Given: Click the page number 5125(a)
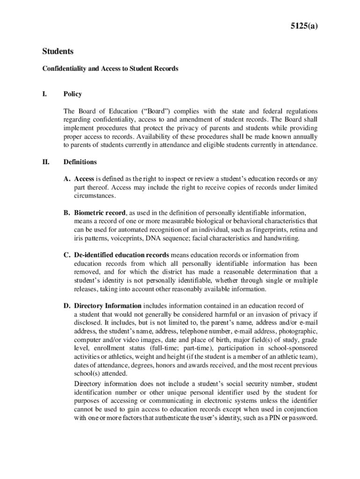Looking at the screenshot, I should click(304, 27).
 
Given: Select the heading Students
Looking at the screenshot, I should click(58, 51).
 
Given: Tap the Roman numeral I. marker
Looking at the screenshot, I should click(45, 94).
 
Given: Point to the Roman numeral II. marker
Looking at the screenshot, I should click(46, 162).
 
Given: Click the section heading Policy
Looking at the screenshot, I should click(72, 94).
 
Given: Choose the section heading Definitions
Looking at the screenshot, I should click(80, 162).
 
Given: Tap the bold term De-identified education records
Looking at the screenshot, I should click(122, 255).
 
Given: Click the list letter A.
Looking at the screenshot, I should click(67, 179).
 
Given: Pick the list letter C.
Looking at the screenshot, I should click(67, 255).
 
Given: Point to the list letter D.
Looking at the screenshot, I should click(67, 306).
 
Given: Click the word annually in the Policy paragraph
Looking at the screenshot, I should click(304, 137).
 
